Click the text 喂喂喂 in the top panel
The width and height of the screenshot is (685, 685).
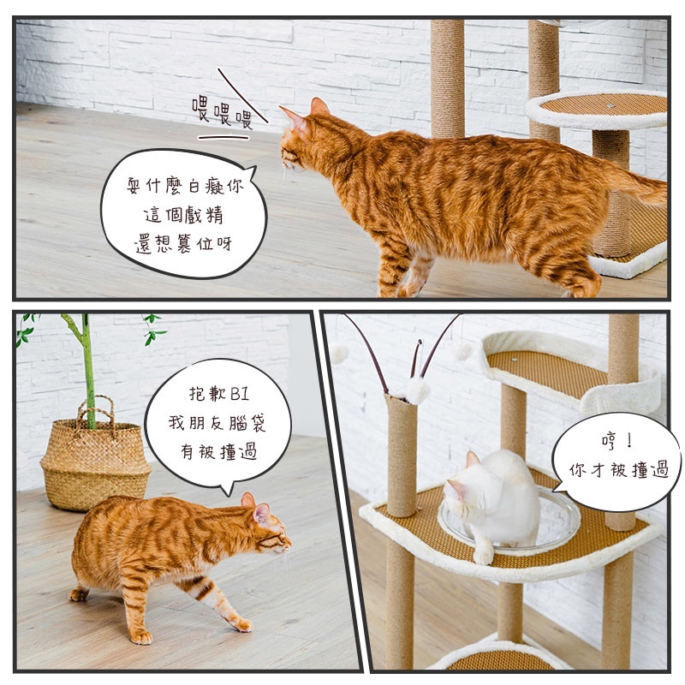[x=223, y=112]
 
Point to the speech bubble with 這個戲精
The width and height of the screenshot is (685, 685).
[x=183, y=213]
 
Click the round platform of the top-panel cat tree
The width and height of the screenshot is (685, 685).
[x=597, y=110]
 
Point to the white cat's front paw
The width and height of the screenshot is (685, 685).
[x=483, y=556]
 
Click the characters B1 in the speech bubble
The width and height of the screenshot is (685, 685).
[x=240, y=394]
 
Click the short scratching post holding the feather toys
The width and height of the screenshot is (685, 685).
[x=401, y=455]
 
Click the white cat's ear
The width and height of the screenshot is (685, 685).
[x=473, y=459]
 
